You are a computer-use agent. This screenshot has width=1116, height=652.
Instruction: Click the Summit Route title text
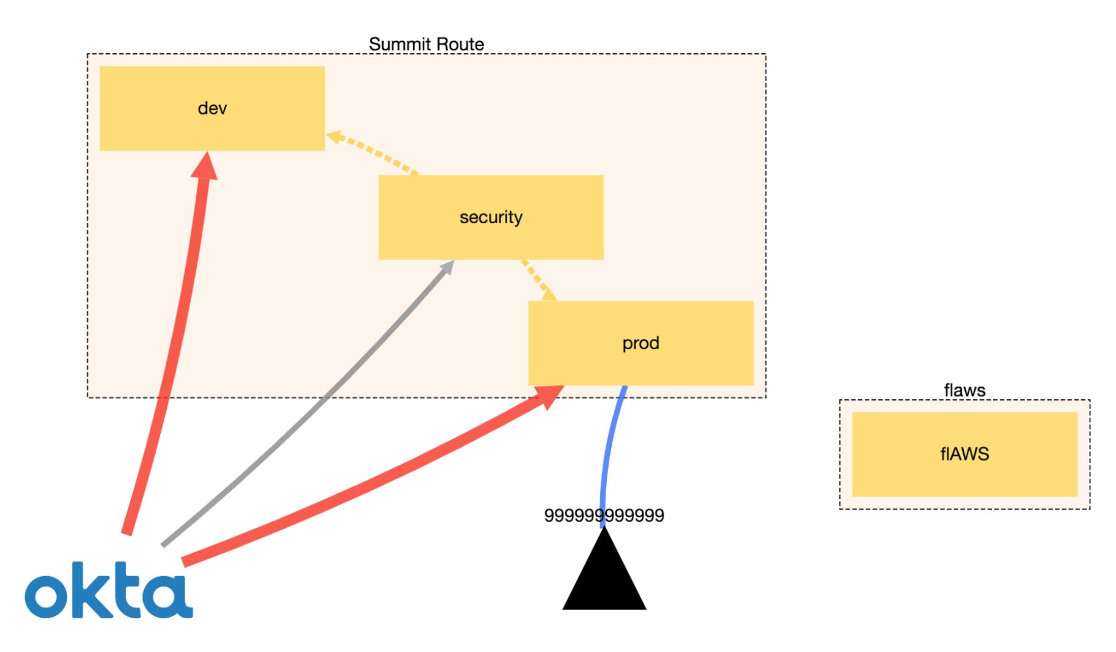[x=426, y=44]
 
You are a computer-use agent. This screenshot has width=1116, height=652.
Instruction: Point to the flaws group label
[x=964, y=390]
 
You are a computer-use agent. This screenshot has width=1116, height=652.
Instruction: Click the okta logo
[x=108, y=590]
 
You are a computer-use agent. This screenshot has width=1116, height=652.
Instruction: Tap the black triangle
[x=604, y=578]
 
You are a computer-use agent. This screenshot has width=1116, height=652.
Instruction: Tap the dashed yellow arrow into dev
[x=373, y=153]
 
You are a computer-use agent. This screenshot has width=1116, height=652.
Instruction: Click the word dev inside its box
[x=212, y=108]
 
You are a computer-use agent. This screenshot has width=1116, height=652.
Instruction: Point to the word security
[x=491, y=217]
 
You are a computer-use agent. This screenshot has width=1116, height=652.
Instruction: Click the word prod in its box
[x=641, y=343]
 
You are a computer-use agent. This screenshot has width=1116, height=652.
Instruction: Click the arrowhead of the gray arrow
[x=447, y=267]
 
